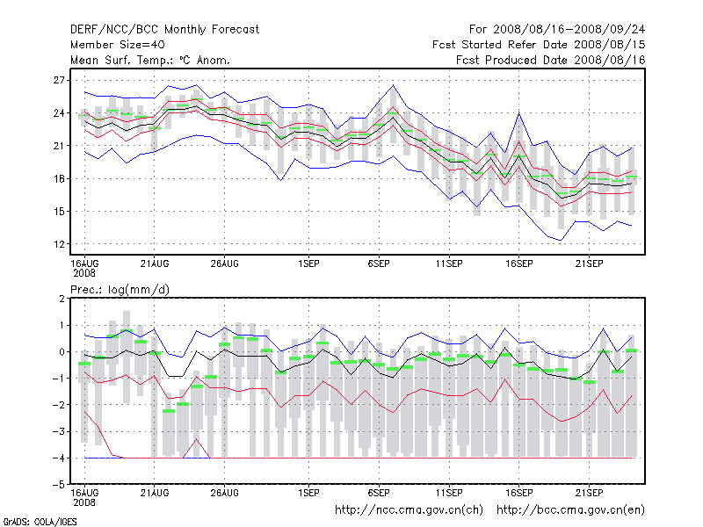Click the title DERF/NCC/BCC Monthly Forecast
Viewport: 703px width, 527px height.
tap(164, 29)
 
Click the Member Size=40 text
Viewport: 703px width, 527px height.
tap(117, 44)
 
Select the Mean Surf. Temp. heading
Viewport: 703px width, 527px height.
tap(150, 60)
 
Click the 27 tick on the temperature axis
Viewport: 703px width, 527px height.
tap(60, 80)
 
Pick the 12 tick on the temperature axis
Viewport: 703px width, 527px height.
tap(60, 243)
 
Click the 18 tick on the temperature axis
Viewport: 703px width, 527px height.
tap(60, 178)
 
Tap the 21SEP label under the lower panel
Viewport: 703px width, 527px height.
tap(589, 492)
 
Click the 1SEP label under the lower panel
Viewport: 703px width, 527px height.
tap(308, 492)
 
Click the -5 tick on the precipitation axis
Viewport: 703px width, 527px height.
tap(60, 484)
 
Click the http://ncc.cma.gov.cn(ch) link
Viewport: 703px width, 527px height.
tap(409, 509)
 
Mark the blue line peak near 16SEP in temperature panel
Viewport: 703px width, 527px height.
tap(519, 113)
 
